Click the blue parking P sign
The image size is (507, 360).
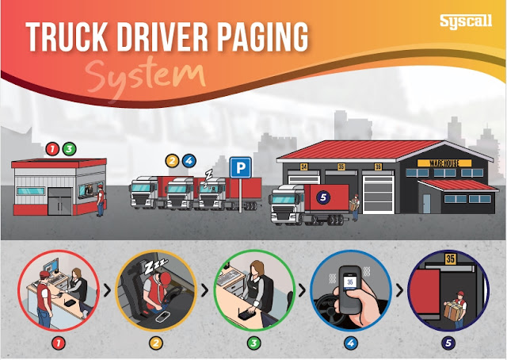(238, 167)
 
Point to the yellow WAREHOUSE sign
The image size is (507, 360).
(450, 163)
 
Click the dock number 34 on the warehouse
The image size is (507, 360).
(304, 167)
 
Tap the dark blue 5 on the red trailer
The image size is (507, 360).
(322, 197)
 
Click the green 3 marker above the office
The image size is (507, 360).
(70, 148)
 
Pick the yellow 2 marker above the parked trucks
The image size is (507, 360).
(172, 160)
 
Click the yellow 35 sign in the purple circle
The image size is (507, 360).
(450, 259)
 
